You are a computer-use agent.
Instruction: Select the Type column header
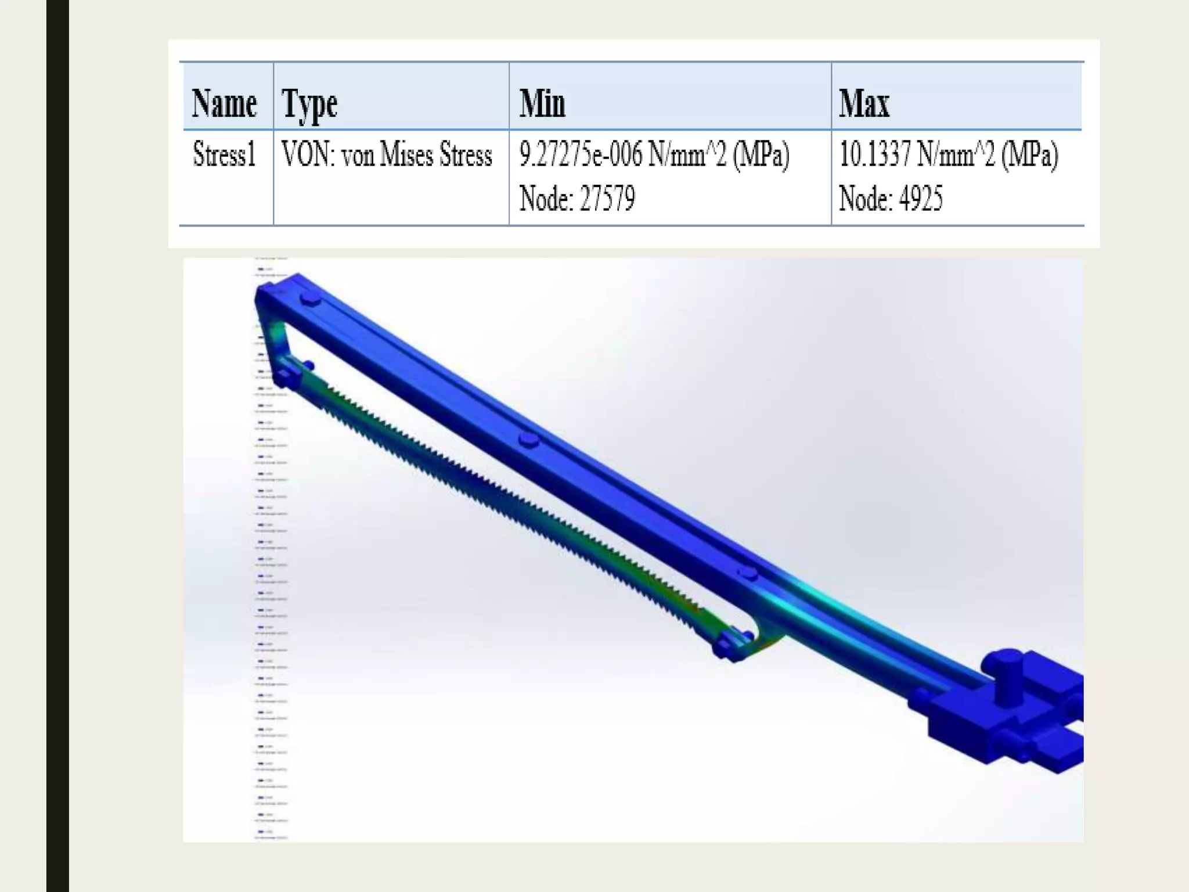tap(309, 105)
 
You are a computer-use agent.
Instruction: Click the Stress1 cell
tap(224, 155)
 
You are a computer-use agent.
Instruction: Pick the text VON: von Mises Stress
tap(387, 155)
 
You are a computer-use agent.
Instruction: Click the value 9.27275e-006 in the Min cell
tap(580, 155)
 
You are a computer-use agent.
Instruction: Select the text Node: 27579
tap(577, 199)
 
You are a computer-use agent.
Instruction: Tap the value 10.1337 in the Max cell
tap(874, 155)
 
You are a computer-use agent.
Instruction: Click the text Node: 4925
tap(890, 199)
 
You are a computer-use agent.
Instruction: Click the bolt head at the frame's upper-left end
tap(310, 300)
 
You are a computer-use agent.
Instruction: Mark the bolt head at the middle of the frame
tap(528, 440)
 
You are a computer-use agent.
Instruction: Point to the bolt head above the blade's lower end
tap(747, 573)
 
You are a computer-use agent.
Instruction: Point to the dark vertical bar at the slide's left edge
tap(57, 446)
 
